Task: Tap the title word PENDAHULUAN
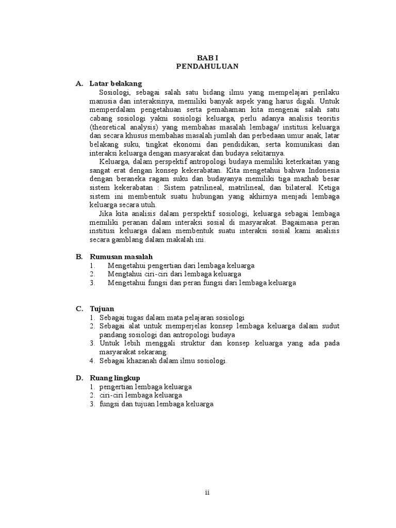pos(206,67)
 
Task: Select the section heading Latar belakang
pos(115,84)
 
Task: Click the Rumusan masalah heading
pos(121,256)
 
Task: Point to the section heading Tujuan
pos(102,308)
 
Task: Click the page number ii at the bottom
pos(207,492)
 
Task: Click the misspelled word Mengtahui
pos(124,274)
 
